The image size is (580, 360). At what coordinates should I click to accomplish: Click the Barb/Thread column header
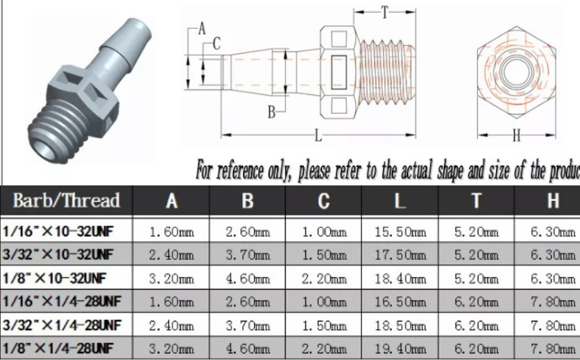click(66, 200)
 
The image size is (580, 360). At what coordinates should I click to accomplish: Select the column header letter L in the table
click(399, 201)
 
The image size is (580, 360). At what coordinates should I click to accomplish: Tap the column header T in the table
click(476, 201)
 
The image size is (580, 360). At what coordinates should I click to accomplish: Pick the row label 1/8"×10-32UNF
click(54, 278)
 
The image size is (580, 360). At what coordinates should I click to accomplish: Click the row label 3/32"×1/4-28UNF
click(62, 325)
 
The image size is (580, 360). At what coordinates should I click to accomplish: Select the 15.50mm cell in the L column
click(400, 232)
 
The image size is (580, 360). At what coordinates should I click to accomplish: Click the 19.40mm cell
click(400, 348)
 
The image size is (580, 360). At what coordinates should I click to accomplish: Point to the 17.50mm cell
click(400, 255)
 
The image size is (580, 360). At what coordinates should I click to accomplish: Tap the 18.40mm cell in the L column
click(400, 278)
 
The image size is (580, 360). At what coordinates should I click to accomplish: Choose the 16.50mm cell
click(400, 302)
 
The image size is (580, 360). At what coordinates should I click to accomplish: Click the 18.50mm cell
click(400, 325)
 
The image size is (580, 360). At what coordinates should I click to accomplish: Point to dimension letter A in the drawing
click(202, 28)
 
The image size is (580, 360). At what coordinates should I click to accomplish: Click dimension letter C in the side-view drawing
click(217, 44)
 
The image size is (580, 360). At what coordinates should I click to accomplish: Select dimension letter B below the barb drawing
click(271, 112)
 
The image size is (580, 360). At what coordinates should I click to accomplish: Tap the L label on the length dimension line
click(318, 135)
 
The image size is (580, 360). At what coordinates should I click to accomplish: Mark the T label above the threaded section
click(385, 12)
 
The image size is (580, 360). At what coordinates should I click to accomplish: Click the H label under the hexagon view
click(516, 136)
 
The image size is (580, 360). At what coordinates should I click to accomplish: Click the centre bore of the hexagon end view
click(516, 72)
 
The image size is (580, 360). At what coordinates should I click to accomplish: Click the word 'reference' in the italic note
click(244, 171)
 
